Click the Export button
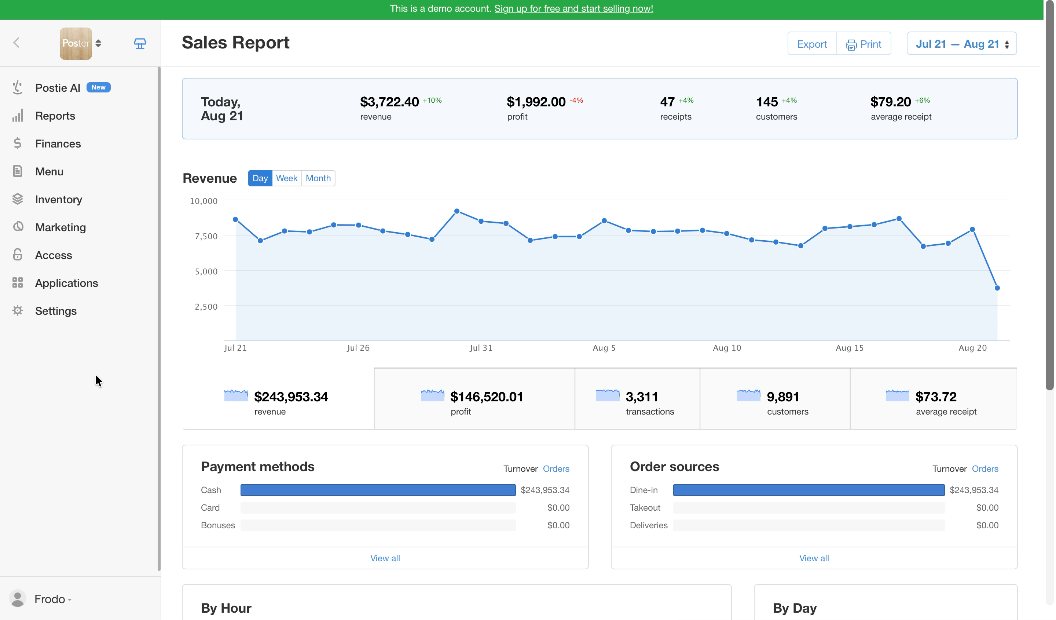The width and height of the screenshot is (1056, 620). click(x=812, y=44)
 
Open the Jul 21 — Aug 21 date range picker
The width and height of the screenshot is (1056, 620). click(x=961, y=44)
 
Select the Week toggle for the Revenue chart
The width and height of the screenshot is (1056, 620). click(x=287, y=178)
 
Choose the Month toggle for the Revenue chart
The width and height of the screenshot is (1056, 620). click(x=318, y=178)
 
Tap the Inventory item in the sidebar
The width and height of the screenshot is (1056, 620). click(x=58, y=199)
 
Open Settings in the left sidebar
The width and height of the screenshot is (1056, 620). click(x=55, y=311)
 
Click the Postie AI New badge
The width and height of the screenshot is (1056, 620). click(x=99, y=87)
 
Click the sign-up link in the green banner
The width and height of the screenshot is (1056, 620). click(x=573, y=8)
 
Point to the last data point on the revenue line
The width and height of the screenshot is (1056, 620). click(x=997, y=288)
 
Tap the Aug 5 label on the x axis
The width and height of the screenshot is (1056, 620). click(x=604, y=348)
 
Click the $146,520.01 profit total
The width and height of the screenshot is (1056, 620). click(x=487, y=397)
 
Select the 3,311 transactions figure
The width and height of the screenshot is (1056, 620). click(x=642, y=397)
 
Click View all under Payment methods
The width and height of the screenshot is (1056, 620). click(x=385, y=558)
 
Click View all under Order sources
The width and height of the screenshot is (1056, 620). click(x=814, y=558)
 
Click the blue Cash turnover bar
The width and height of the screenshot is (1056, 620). click(x=378, y=490)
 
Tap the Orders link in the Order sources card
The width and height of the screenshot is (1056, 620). click(x=985, y=468)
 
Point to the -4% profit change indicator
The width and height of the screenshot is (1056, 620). click(x=576, y=101)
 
